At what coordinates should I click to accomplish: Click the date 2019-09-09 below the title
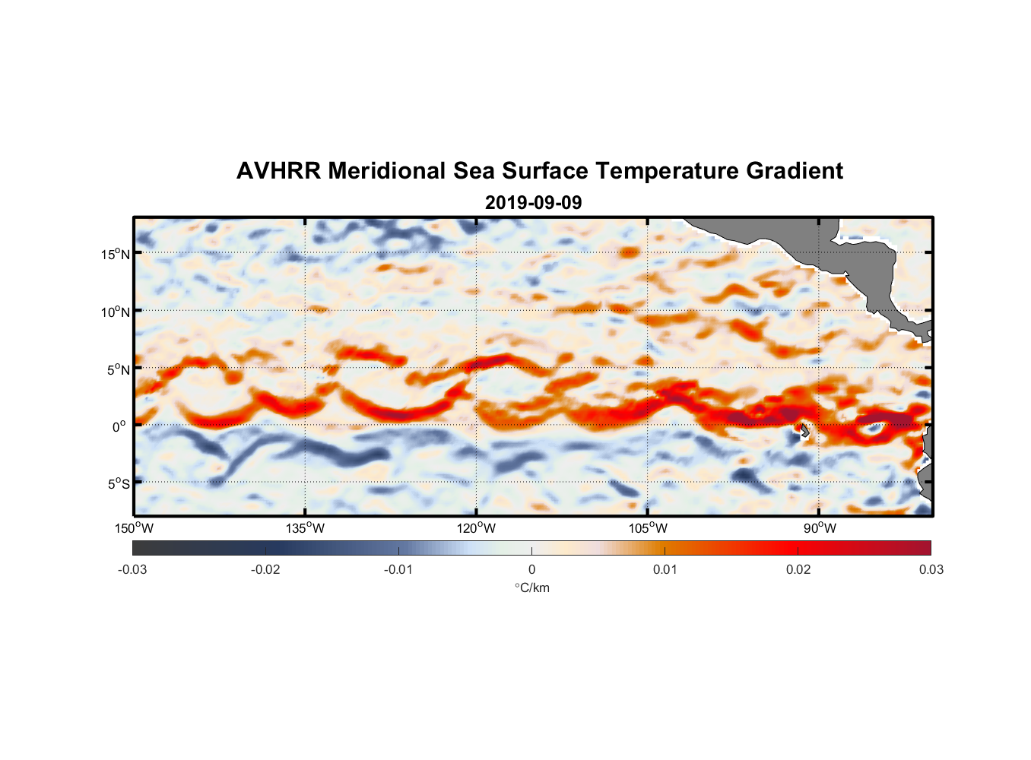pos(533,203)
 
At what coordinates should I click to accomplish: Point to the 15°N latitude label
pos(116,254)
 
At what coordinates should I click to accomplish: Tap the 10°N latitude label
pos(116,312)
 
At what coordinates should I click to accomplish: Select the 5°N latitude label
pos(118,369)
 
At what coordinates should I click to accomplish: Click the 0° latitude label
pos(119,426)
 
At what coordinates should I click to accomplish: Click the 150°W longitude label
pos(134,528)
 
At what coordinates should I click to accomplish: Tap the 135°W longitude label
pos(305,528)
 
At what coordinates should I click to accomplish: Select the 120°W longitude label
pos(476,528)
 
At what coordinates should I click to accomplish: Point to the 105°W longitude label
pos(648,528)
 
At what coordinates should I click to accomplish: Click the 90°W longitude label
pos(820,528)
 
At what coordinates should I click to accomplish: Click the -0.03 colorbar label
pos(132,570)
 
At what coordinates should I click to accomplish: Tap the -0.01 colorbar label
pos(398,570)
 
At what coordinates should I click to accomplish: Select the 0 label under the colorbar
pos(531,570)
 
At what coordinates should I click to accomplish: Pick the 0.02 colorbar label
pos(798,570)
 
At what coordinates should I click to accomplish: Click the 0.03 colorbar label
pos(931,570)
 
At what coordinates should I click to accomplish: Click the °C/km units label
pos(531,587)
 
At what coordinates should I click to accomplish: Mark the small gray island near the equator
pos(804,431)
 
